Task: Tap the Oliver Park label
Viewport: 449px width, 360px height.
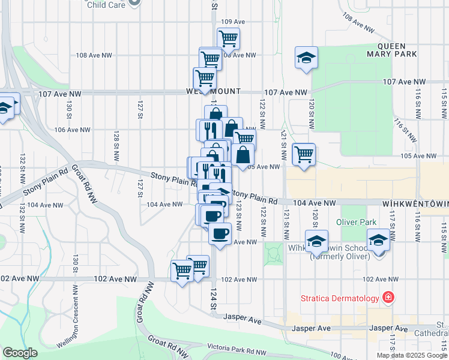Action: (356, 222)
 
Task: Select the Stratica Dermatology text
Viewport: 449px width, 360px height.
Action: (340, 298)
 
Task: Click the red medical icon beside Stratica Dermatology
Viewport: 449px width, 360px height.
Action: (388, 298)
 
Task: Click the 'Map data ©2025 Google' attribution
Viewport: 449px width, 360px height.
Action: (412, 355)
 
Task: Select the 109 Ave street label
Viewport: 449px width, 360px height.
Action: (233, 22)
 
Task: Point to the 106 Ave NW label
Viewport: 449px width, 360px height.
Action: (72, 130)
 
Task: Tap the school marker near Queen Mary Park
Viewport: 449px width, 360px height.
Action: (306, 58)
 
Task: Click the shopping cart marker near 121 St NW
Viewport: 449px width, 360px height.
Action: (304, 154)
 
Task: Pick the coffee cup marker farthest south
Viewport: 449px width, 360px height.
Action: (220, 233)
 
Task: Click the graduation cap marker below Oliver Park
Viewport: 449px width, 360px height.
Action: (378, 241)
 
